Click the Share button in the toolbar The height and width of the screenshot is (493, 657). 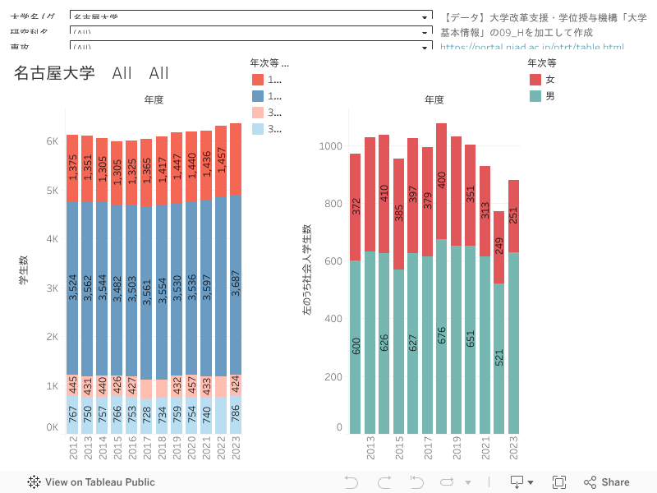[x=607, y=482]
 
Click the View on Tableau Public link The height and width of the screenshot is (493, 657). [x=91, y=482]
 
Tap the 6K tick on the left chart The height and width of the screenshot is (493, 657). [x=52, y=141]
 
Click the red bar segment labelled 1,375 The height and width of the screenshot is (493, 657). [x=72, y=168]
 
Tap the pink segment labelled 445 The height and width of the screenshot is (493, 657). [x=72, y=385]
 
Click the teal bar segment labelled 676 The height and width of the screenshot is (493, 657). [x=442, y=336]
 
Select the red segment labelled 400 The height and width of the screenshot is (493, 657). [x=442, y=181]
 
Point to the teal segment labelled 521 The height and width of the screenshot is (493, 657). [x=498, y=358]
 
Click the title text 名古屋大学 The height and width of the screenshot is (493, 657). [x=54, y=73]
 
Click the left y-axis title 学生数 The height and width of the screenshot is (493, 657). [x=24, y=270]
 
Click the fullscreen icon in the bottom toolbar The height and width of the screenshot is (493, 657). [x=559, y=482]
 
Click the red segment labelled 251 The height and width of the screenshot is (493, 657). [x=514, y=215]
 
